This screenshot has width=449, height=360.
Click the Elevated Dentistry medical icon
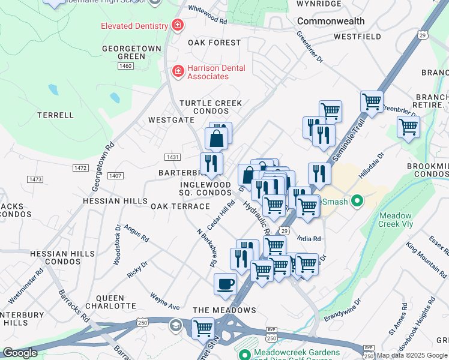tap(177, 25)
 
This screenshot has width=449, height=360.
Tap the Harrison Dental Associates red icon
tap(178, 72)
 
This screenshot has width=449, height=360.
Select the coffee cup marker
tap(225, 283)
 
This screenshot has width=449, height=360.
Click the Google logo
tap(20, 353)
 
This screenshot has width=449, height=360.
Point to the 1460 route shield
tap(125, 66)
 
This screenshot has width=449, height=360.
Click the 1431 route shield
tap(173, 157)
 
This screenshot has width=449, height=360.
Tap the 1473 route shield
tap(35, 179)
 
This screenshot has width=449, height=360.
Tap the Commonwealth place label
tap(331, 21)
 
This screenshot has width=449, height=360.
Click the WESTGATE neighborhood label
tap(172, 120)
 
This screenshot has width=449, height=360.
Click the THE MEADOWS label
tap(224, 310)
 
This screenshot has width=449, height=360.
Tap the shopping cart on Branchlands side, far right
tap(408, 127)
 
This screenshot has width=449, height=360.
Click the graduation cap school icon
tap(175, 326)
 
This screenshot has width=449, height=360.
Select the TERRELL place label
tap(55, 115)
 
